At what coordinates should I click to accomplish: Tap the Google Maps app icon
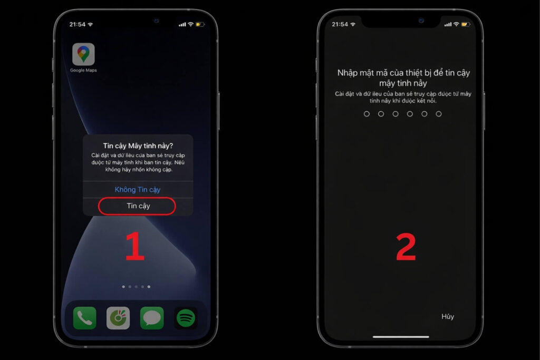[x=83, y=54]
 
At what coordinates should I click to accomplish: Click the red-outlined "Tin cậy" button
[x=137, y=206]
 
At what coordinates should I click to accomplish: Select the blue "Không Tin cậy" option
[x=138, y=189]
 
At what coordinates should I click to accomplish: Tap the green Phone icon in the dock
[x=85, y=318]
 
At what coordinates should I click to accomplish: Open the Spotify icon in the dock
[x=186, y=318]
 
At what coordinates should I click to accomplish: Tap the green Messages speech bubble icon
[x=152, y=318]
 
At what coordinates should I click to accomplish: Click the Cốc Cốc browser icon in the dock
[x=118, y=318]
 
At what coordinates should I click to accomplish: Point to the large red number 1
[x=134, y=246]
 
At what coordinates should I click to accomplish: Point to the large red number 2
[x=406, y=247]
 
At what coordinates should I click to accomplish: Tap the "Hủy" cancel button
[x=448, y=316]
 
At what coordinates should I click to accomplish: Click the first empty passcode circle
[x=367, y=114]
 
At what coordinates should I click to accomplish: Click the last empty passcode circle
[x=439, y=114]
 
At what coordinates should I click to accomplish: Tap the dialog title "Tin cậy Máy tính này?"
[x=138, y=146]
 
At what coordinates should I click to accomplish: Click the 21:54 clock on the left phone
[x=77, y=24]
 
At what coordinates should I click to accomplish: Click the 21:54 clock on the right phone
[x=340, y=24]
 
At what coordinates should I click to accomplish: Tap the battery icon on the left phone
[x=200, y=24]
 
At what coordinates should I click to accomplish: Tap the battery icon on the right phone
[x=466, y=24]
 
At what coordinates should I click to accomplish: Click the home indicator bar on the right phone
[x=401, y=337]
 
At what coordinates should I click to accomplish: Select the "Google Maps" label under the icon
[x=83, y=70]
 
